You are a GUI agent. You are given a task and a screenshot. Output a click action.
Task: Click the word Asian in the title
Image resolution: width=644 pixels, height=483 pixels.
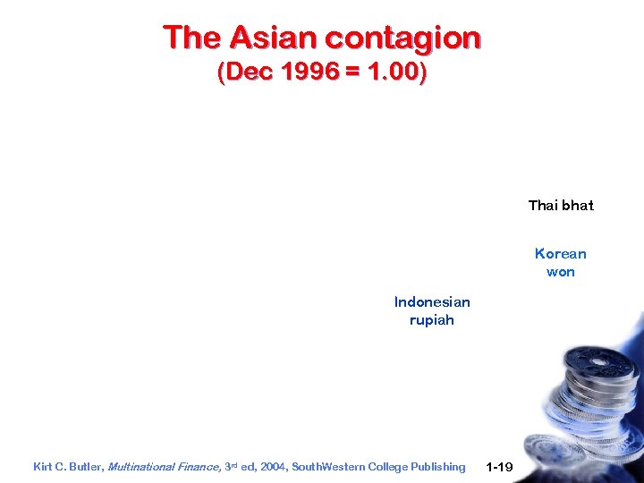pos(273,38)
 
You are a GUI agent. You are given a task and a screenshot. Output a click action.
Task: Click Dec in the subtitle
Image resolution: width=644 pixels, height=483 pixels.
pos(244,72)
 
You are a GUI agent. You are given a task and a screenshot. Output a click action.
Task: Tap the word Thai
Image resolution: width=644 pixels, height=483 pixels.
pos(543,206)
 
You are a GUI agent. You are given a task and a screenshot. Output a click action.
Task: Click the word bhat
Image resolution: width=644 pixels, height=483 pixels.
pos(577,206)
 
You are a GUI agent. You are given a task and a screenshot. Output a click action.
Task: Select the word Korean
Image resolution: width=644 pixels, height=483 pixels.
pos(561,254)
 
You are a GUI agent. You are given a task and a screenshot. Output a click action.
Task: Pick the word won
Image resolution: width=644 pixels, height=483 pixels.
pos(561,272)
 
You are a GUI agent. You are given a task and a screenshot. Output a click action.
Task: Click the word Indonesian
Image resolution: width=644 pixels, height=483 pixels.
pos(432,301)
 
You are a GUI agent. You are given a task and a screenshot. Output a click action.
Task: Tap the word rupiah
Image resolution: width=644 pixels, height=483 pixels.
pos(432,320)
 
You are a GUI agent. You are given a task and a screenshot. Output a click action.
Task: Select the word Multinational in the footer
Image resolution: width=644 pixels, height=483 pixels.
pos(142,467)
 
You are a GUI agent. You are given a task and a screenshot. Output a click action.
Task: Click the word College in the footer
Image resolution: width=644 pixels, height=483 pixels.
pos(386,467)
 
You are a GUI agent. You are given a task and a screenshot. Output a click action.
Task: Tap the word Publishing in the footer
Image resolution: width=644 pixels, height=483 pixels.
pos(438,467)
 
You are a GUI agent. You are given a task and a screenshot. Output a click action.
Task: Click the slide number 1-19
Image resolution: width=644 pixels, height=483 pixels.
pos(498,467)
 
